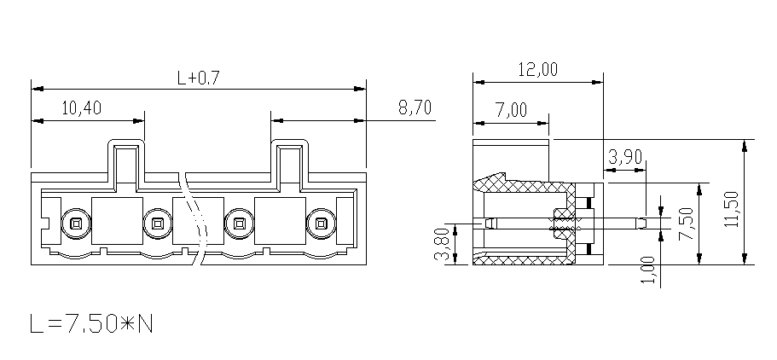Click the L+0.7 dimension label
click(198, 78)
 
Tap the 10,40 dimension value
click(81, 107)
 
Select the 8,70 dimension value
click(415, 107)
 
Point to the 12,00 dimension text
click(537, 69)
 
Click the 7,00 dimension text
click(512, 109)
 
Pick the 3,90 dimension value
click(625, 157)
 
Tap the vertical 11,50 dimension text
click(732, 209)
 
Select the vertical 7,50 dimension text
click(687, 224)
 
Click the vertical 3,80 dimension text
click(441, 244)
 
